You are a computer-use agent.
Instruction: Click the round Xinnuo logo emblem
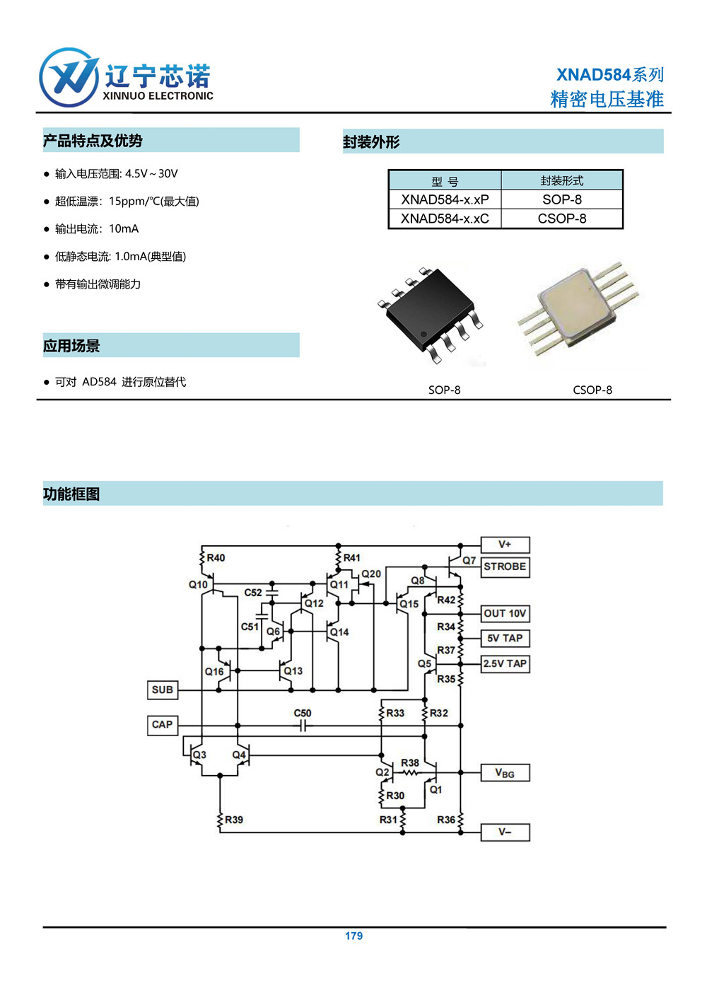click(x=69, y=77)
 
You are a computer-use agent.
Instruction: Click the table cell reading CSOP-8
click(x=562, y=219)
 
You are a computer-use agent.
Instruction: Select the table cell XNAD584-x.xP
click(x=445, y=199)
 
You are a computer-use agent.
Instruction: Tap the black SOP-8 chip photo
click(x=431, y=315)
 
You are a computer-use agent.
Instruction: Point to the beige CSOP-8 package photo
click(x=578, y=308)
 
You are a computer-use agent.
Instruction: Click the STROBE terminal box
click(x=506, y=567)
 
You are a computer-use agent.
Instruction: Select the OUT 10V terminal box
click(x=506, y=614)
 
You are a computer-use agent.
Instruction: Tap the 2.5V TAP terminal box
click(x=506, y=664)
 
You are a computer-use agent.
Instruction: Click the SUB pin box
click(x=163, y=690)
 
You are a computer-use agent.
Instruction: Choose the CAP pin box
click(x=163, y=725)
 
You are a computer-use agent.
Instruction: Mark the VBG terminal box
click(x=506, y=773)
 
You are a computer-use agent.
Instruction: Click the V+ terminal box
click(x=506, y=545)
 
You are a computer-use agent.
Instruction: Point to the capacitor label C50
click(x=302, y=713)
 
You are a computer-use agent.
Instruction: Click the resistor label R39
click(x=234, y=820)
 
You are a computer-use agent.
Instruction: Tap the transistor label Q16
click(x=214, y=671)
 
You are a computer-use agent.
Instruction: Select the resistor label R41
click(x=351, y=557)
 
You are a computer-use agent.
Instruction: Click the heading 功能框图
click(x=71, y=494)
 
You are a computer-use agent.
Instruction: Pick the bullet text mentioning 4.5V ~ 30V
click(x=117, y=174)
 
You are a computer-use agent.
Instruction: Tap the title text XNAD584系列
click(x=609, y=74)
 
